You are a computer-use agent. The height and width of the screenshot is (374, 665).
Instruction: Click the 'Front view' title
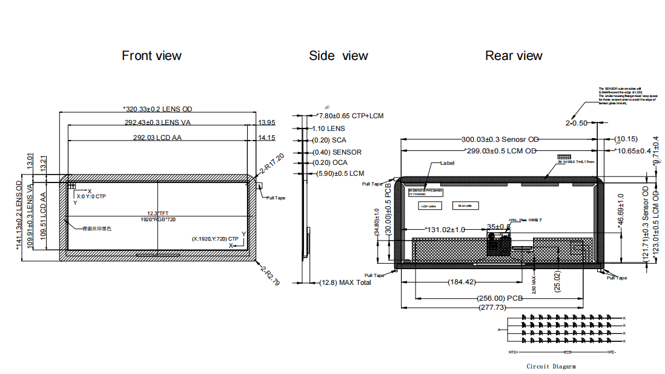tap(151, 56)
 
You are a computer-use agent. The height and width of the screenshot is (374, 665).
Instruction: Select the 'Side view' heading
tap(338, 56)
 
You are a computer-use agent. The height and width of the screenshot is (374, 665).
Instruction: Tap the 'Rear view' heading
tap(514, 56)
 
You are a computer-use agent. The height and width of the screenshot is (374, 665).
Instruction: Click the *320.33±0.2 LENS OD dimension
tap(157, 109)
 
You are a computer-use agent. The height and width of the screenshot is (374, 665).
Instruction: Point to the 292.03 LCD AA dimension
tap(157, 138)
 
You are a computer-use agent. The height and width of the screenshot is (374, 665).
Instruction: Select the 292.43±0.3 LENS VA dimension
tap(157, 122)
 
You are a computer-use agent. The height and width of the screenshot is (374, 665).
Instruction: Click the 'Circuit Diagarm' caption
tap(551, 366)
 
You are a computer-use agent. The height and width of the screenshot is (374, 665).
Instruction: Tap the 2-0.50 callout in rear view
tap(577, 123)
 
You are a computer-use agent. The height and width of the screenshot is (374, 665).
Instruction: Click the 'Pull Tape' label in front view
tap(276, 198)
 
